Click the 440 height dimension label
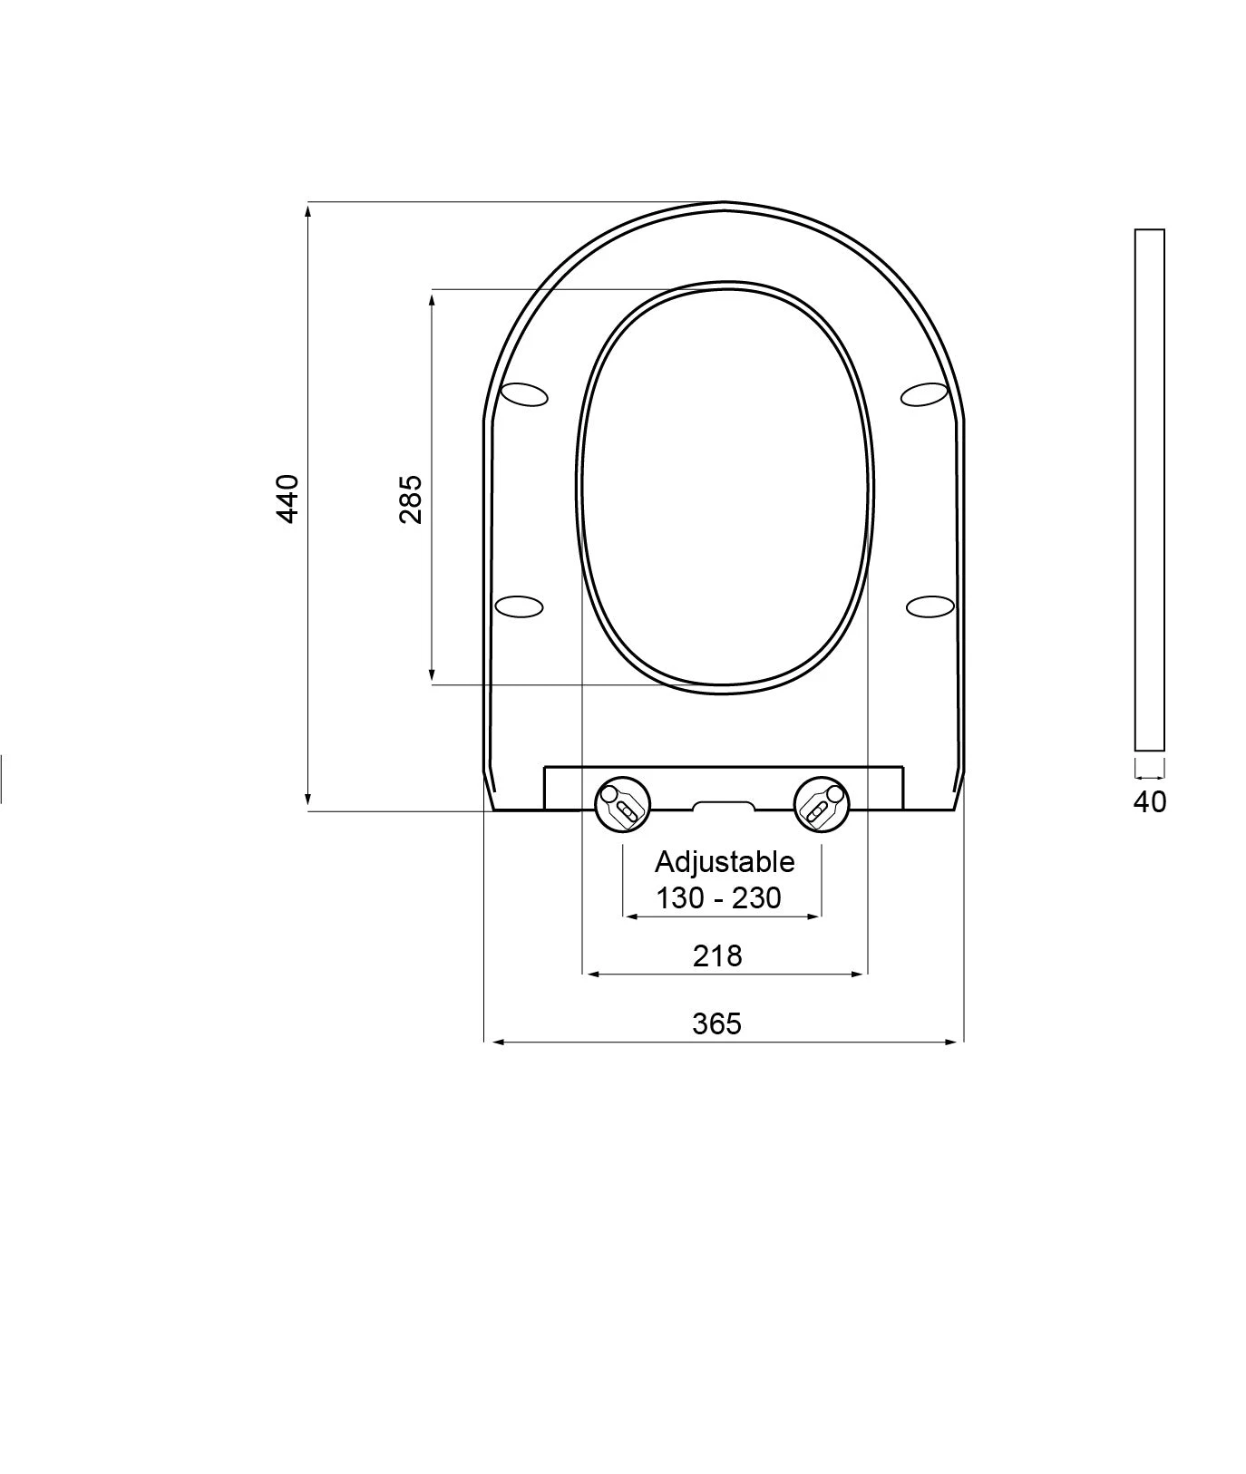tap(287, 498)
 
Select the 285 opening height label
tap(411, 498)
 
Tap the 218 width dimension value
tap(717, 955)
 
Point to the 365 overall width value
tap(717, 1023)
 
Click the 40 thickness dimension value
tap(1150, 801)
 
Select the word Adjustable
tap(725, 862)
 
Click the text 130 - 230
tap(719, 897)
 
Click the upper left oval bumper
tap(525, 394)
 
